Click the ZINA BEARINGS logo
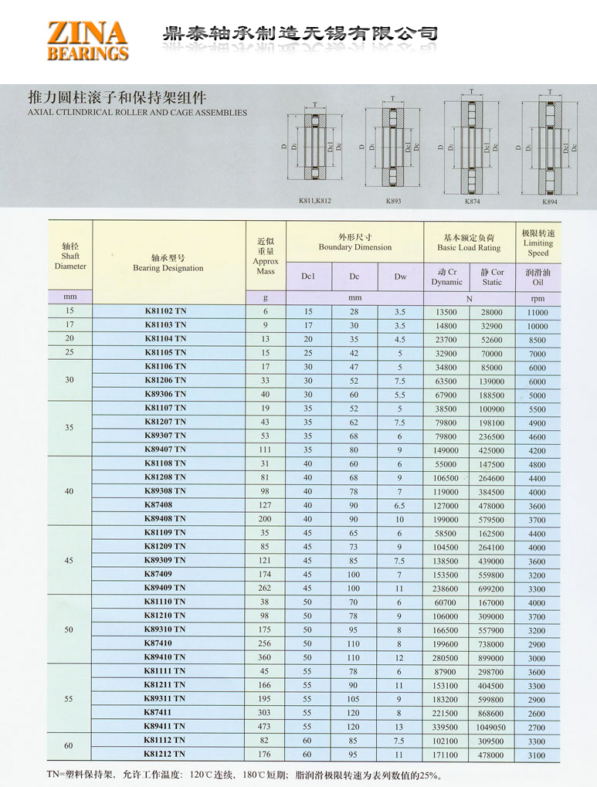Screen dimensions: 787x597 (x=87, y=41)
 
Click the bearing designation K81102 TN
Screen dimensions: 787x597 (x=165, y=310)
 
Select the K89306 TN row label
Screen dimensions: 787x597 (x=165, y=394)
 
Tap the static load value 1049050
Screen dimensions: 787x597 (x=491, y=727)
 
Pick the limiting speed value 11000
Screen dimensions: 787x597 (x=538, y=312)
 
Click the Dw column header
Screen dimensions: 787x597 (x=400, y=276)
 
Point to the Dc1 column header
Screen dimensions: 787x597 (x=308, y=276)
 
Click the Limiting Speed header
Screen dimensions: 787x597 (x=538, y=243)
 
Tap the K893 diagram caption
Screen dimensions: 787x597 (x=394, y=202)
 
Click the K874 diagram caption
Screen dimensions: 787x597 (x=472, y=202)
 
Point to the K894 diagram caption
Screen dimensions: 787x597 (x=549, y=202)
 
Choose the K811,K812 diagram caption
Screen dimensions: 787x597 (x=314, y=202)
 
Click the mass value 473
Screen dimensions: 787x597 (x=266, y=727)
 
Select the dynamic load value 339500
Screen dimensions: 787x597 (x=446, y=727)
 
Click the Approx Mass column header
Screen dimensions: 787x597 (x=266, y=256)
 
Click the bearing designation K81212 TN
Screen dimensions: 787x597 (x=165, y=754)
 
